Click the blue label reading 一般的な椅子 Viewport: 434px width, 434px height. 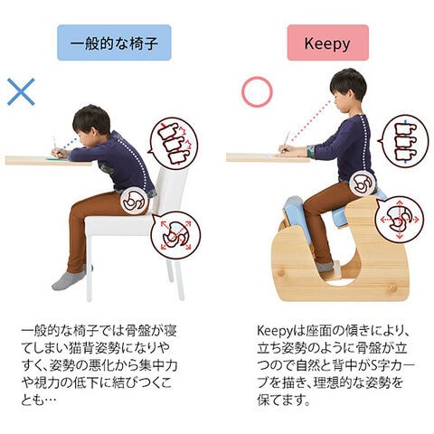pos(114,42)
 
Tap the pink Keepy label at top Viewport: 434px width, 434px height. pos(328,42)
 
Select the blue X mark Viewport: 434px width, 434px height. pos(21,92)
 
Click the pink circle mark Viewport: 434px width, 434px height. pos(257,91)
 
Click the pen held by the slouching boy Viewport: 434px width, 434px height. pos(55,144)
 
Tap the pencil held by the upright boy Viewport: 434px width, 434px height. pos(286,139)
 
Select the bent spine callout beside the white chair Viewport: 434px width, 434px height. pos(174,143)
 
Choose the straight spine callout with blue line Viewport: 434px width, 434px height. pos(403,141)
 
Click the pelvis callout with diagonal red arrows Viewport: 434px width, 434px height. pos(175,236)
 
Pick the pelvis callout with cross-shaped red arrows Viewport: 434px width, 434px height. pos(399,220)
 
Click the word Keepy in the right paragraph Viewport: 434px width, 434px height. pos(275,331)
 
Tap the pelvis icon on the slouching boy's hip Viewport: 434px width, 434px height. pos(135,201)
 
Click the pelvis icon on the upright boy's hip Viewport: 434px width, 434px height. pos(363,184)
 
